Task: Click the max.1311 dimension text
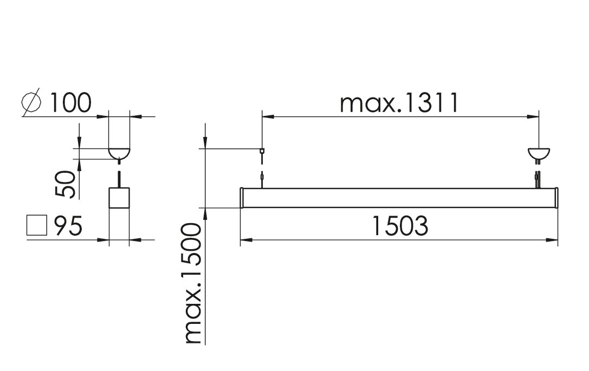(x=399, y=103)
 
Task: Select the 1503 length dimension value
(x=400, y=226)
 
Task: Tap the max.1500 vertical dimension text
(x=193, y=283)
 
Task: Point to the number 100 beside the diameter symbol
(x=70, y=102)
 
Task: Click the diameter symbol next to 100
(x=31, y=102)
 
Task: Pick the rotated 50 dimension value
(x=66, y=184)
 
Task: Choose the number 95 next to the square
(x=68, y=226)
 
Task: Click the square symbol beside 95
(x=37, y=225)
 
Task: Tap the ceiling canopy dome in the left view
(x=119, y=153)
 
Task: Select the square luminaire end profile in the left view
(x=119, y=198)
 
